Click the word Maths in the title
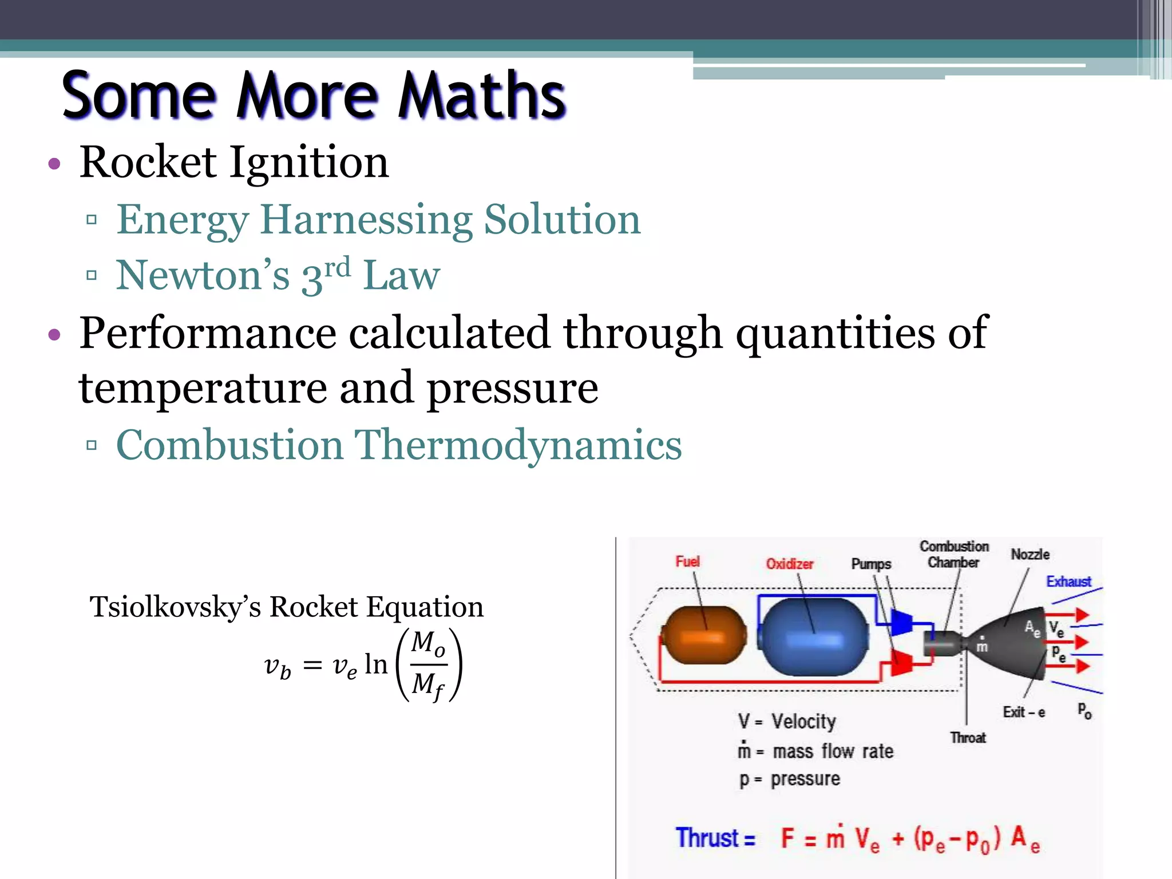click(x=482, y=96)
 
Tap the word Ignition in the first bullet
click(x=309, y=162)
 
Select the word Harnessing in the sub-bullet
click(x=366, y=220)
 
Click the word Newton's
click(x=203, y=276)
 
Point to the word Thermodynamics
click(x=518, y=445)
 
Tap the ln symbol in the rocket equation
click(x=376, y=664)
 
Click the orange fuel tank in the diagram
click(x=704, y=635)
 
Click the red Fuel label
click(x=687, y=561)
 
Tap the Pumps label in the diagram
click(x=871, y=564)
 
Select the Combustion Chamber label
click(x=954, y=554)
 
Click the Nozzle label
click(x=1030, y=554)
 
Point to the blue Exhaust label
click(x=1068, y=581)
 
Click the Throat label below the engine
click(x=968, y=738)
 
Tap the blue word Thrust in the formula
click(x=708, y=838)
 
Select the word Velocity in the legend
click(x=803, y=722)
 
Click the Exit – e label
click(x=1024, y=712)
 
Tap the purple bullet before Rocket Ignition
click(x=54, y=165)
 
